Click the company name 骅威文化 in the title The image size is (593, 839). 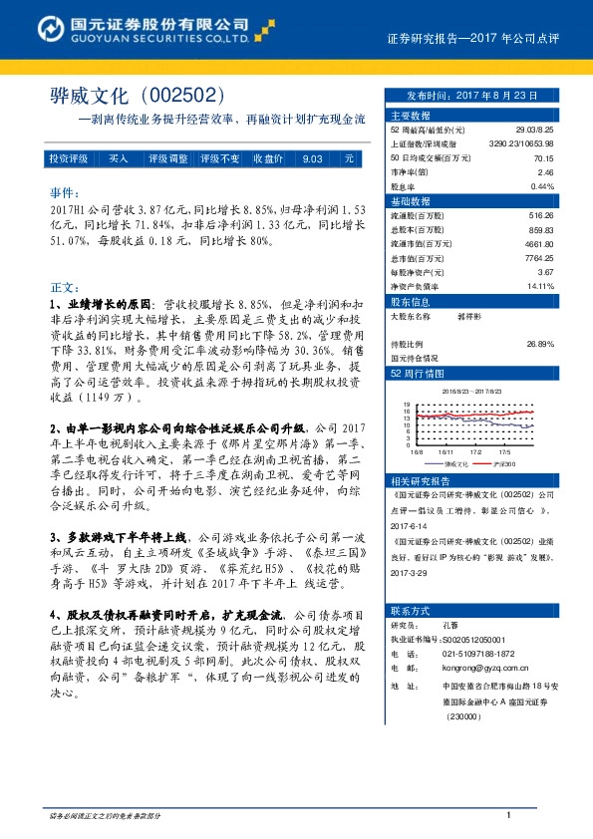(90, 96)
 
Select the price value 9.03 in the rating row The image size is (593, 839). (312, 158)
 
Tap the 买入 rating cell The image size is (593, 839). (118, 158)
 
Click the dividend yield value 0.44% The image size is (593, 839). (541, 186)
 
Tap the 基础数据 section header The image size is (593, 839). (413, 200)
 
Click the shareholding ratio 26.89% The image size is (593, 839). (539, 344)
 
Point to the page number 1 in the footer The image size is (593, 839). (508, 816)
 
